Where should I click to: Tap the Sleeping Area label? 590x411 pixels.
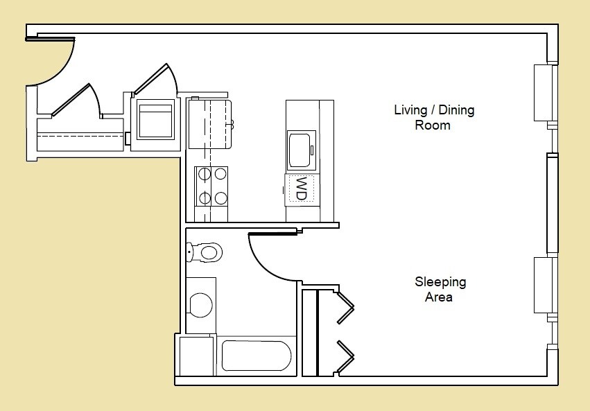(440, 290)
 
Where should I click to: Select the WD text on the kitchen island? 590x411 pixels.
(302, 189)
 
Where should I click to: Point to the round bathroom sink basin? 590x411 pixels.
(201, 305)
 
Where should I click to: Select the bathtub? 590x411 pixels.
(256, 356)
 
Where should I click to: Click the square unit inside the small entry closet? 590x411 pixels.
(155, 121)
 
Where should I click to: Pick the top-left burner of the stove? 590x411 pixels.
(205, 174)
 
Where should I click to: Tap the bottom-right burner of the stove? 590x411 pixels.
(221, 198)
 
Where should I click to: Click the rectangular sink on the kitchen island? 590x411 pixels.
(302, 150)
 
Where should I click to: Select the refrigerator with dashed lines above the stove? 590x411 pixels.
(209, 123)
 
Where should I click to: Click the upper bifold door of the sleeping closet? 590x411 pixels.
(346, 306)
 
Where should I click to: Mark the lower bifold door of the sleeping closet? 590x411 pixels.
(346, 356)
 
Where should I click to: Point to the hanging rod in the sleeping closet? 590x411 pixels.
(317, 333)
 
